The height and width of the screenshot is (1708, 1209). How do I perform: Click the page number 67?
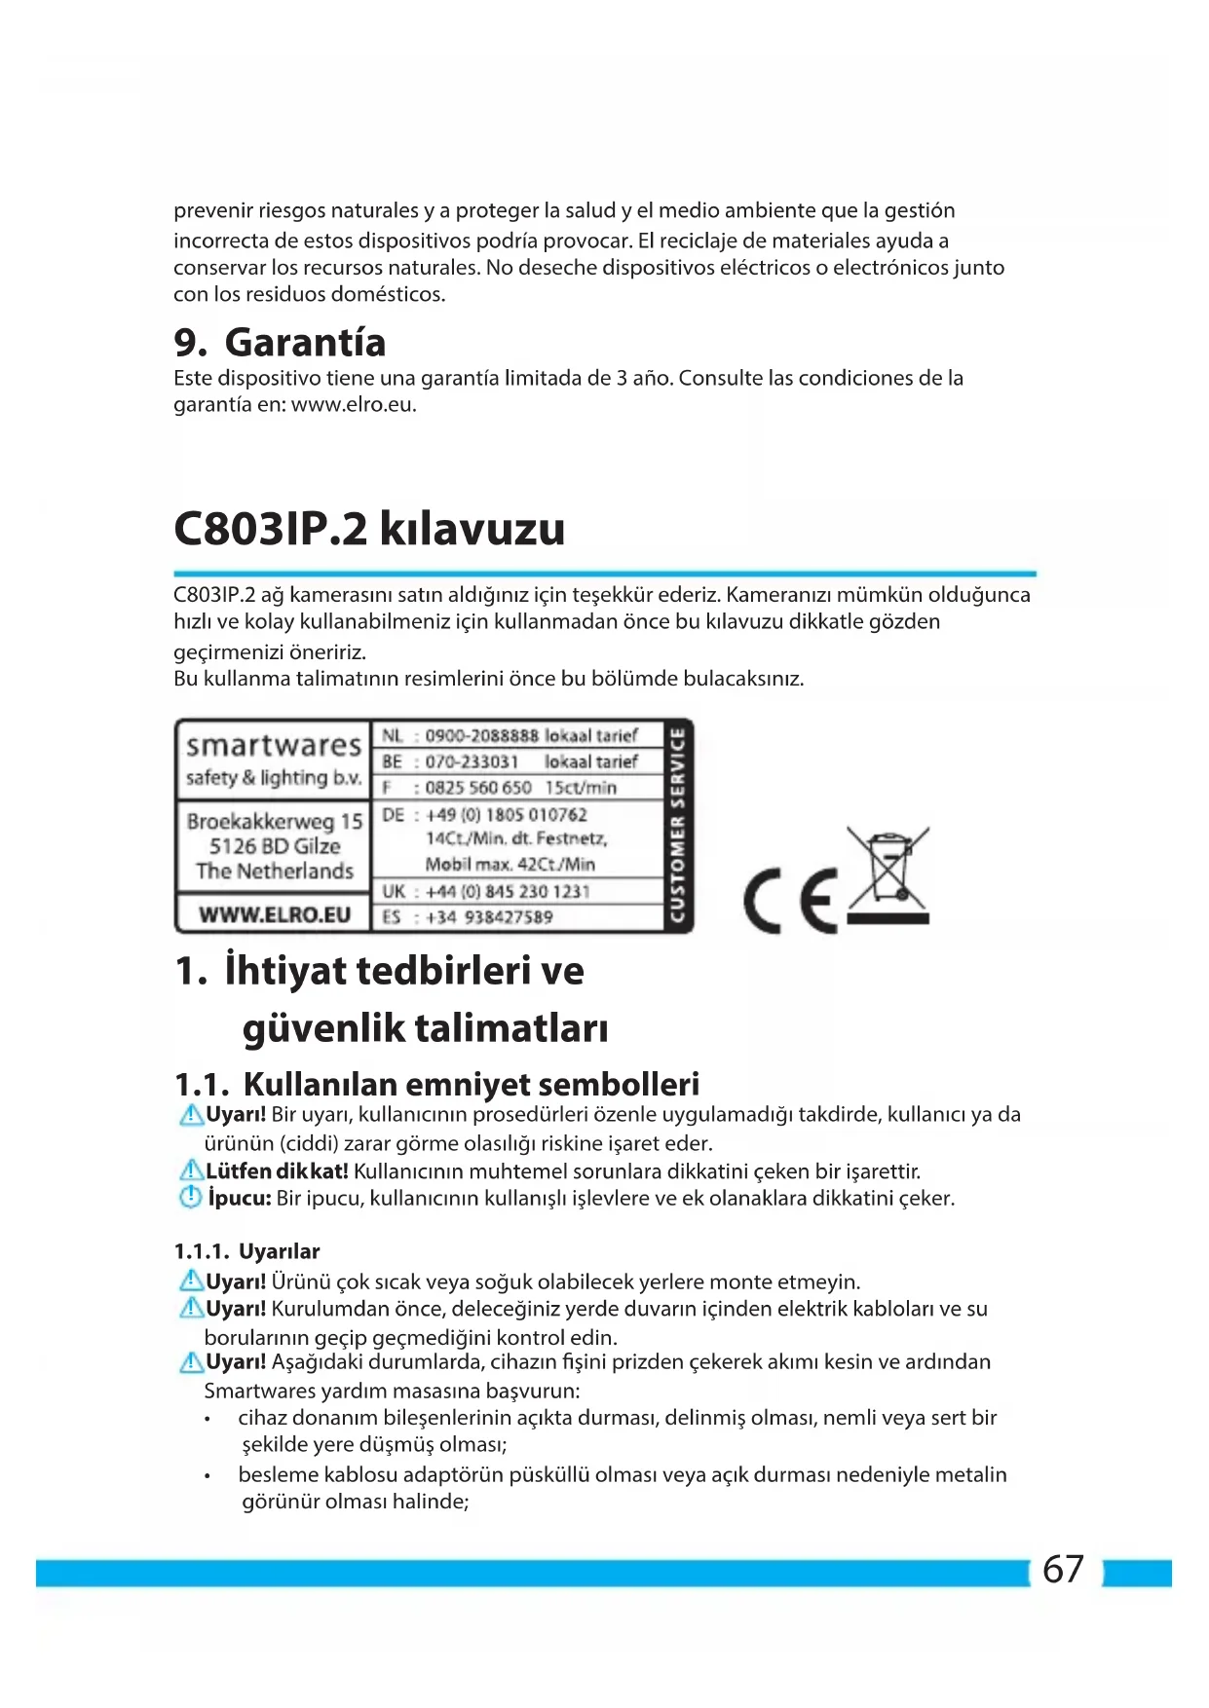pyautogui.click(x=1063, y=1570)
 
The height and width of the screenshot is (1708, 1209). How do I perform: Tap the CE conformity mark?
pyautogui.click(x=790, y=901)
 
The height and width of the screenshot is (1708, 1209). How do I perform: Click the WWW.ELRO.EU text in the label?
pyautogui.click(x=274, y=914)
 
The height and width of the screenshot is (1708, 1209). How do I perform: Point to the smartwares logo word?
pyautogui.click(x=274, y=746)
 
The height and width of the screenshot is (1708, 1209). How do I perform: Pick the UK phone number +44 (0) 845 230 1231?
pyautogui.click(x=508, y=891)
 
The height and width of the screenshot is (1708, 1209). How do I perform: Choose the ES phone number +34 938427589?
pyautogui.click(x=489, y=917)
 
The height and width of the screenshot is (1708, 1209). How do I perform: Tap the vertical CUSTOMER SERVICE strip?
pyautogui.click(x=677, y=826)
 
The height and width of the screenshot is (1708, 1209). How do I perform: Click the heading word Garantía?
pyautogui.click(x=305, y=343)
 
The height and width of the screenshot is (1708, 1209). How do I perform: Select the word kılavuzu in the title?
pyautogui.click(x=472, y=529)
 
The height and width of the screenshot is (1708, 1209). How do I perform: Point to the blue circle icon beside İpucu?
pyautogui.click(x=191, y=1197)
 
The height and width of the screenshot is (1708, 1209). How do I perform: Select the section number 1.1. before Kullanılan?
pyautogui.click(x=202, y=1084)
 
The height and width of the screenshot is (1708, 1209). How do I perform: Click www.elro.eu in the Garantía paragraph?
pyautogui.click(x=353, y=405)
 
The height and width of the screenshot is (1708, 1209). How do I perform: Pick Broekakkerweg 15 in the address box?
pyautogui.click(x=274, y=821)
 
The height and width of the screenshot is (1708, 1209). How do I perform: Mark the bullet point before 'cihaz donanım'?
pyautogui.click(x=208, y=1419)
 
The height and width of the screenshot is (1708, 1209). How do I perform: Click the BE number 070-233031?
pyautogui.click(x=472, y=761)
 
